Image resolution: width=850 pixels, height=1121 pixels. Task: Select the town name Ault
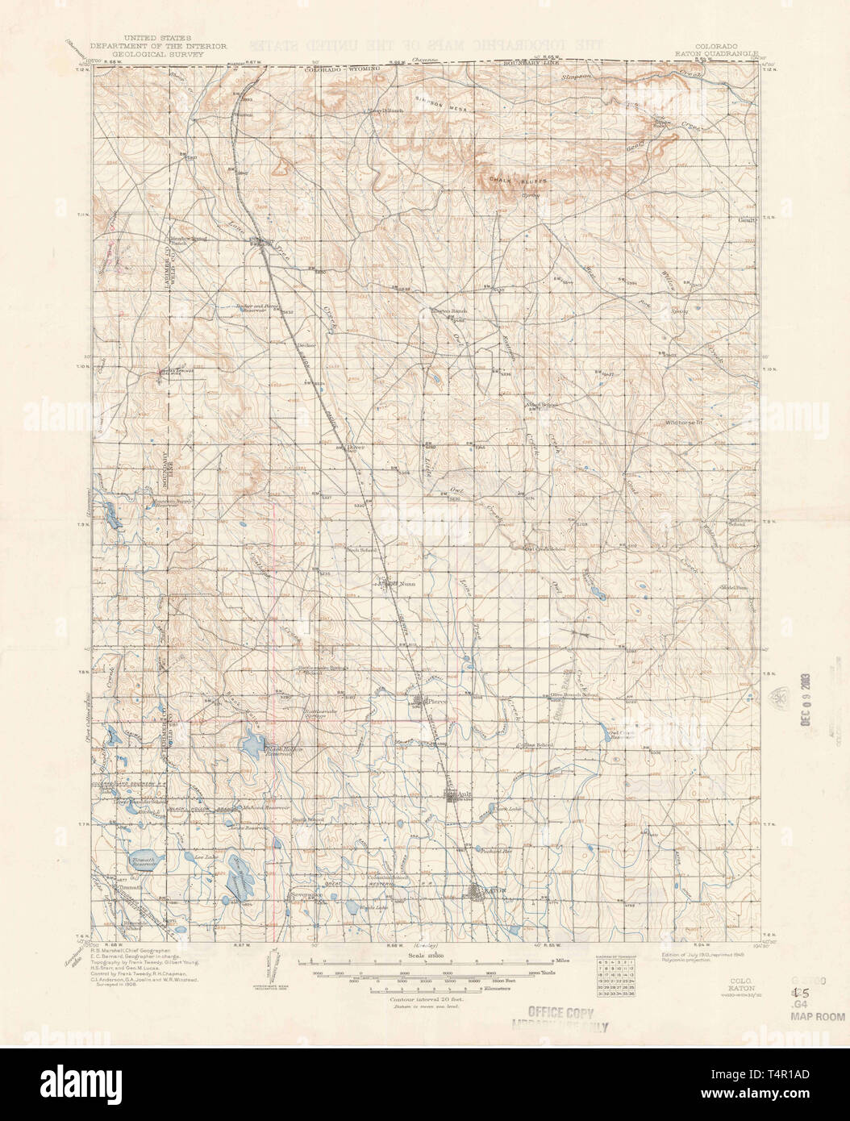(462, 794)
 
